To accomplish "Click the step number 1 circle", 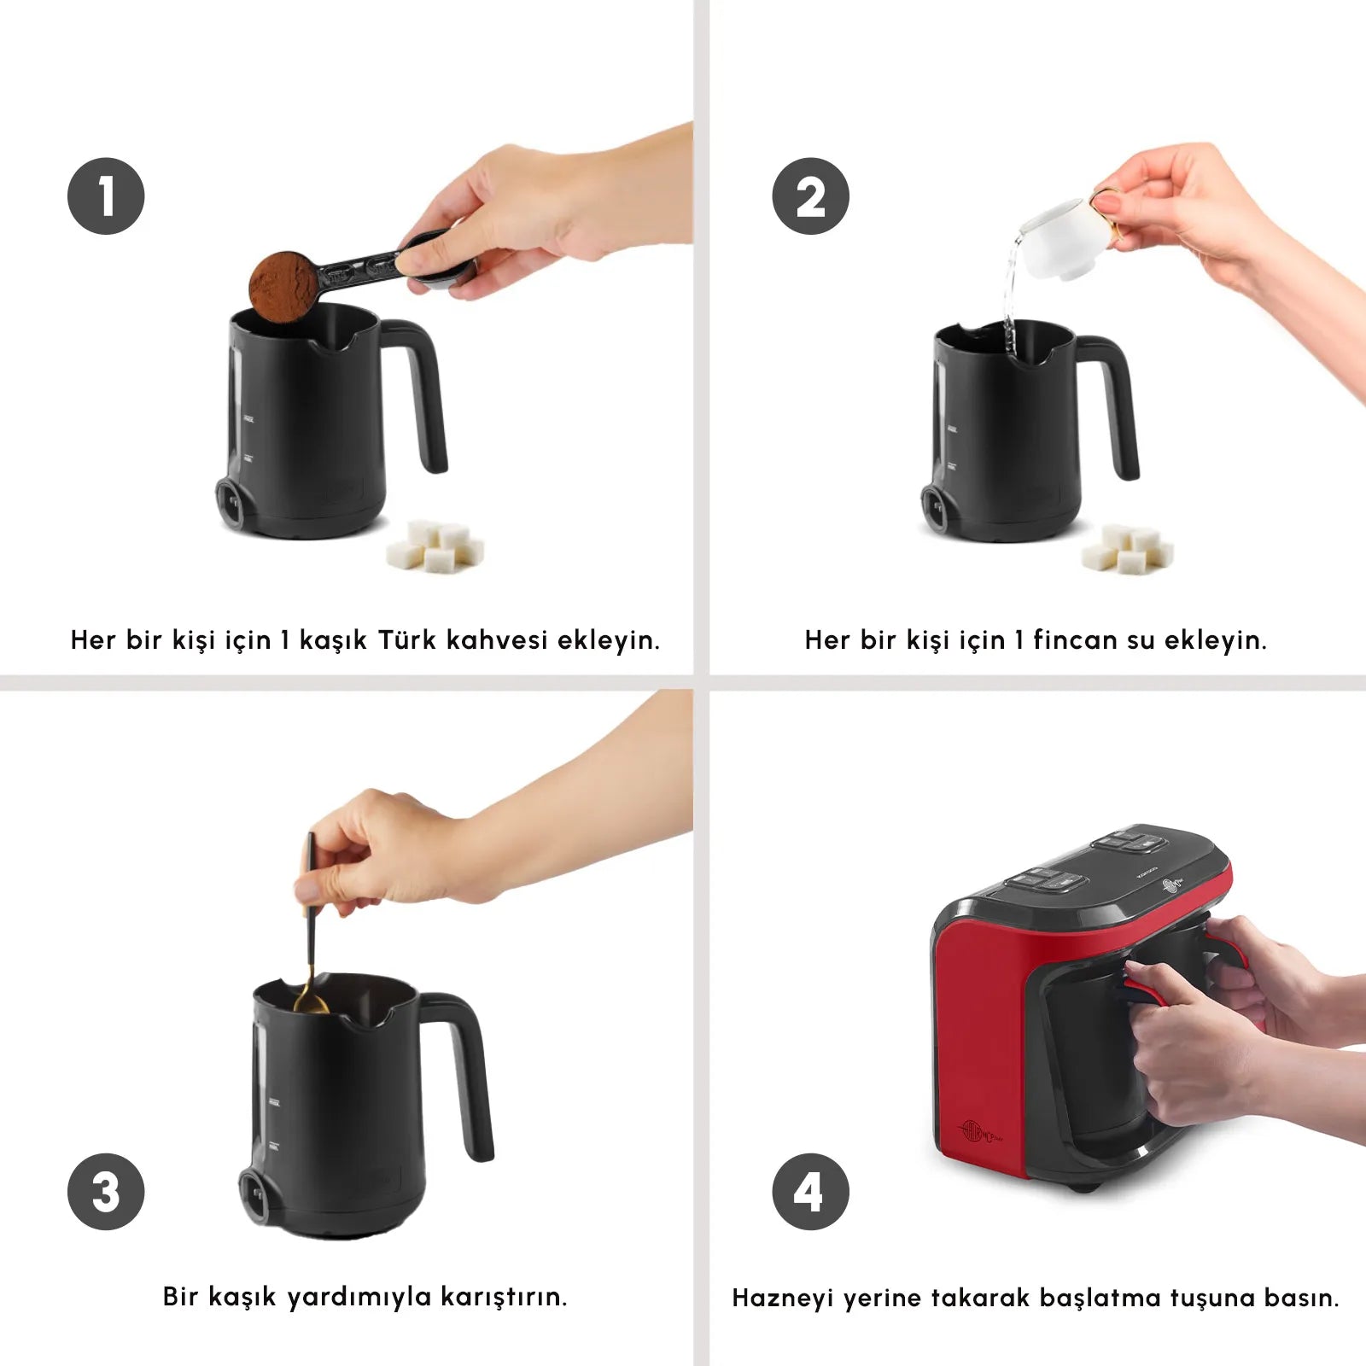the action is click(106, 196).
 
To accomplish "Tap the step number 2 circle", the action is click(810, 196).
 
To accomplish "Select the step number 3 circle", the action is click(106, 1191).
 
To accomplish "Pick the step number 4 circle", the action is click(810, 1191).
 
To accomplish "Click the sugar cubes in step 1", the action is click(435, 546).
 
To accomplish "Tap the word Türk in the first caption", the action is click(406, 639).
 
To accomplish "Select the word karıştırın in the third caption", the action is click(504, 1296).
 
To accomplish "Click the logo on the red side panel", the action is click(981, 1132).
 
